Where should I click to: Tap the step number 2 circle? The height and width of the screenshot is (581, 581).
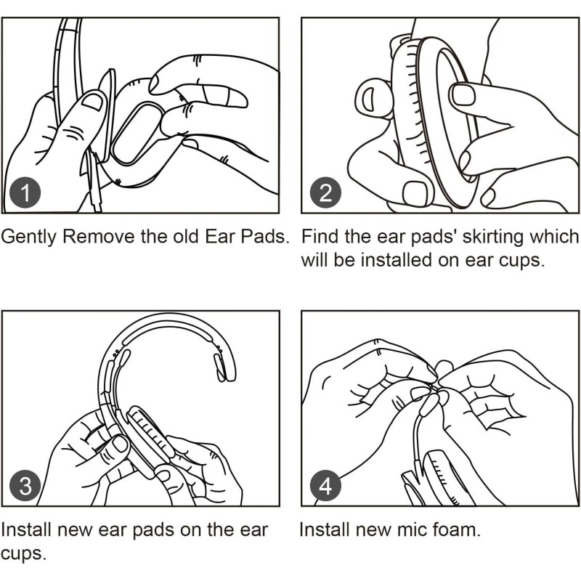[x=325, y=193]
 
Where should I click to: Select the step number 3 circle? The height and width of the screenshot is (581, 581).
[x=25, y=486]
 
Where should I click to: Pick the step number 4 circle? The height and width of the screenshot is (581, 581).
[x=325, y=486]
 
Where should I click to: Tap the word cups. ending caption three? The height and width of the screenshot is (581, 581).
[x=24, y=553]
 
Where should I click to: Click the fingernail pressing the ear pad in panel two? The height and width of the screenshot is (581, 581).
[x=463, y=94]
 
